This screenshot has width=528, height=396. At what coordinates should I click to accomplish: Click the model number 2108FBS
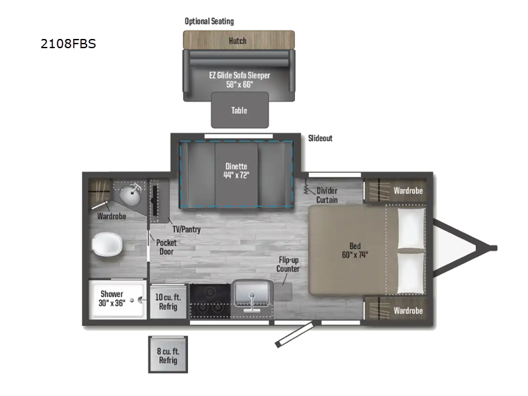(68, 46)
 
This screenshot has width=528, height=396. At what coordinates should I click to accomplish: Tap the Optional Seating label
(209, 21)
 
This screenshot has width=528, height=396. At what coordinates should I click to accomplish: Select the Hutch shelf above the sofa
(238, 40)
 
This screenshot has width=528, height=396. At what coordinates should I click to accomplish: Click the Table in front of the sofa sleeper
(239, 110)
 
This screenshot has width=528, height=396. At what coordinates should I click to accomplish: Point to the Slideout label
(320, 138)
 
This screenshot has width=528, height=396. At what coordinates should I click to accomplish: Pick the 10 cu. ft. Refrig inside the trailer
(168, 302)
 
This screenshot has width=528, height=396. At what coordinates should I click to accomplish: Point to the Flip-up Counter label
(288, 264)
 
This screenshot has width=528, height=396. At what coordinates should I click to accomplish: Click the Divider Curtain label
(327, 195)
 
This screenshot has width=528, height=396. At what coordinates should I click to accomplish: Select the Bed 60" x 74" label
(355, 250)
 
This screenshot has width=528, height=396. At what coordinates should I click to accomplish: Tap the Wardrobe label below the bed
(408, 310)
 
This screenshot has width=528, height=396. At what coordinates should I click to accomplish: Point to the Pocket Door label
(166, 247)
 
